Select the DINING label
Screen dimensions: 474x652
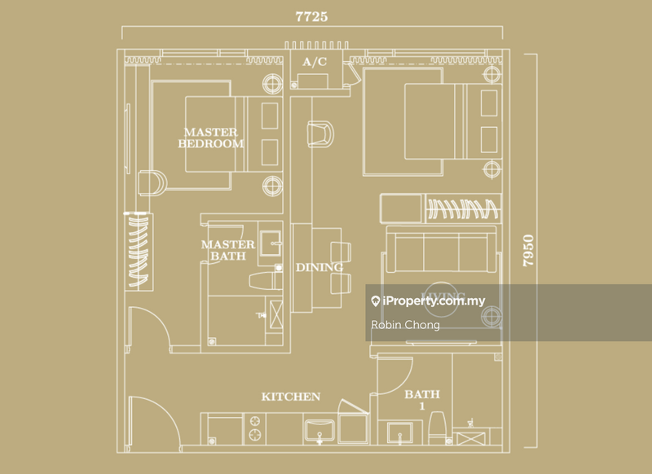pos(319,267)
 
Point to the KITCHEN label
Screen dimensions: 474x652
pos(290,397)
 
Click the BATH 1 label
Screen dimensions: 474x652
pos(422,400)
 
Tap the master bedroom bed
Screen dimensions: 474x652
pos(212,134)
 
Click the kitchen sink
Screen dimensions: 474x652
pos(319,429)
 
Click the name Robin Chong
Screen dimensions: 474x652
pos(404,325)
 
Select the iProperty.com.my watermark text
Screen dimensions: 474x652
pos(434,301)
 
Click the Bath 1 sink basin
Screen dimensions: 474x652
pos(399,430)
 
